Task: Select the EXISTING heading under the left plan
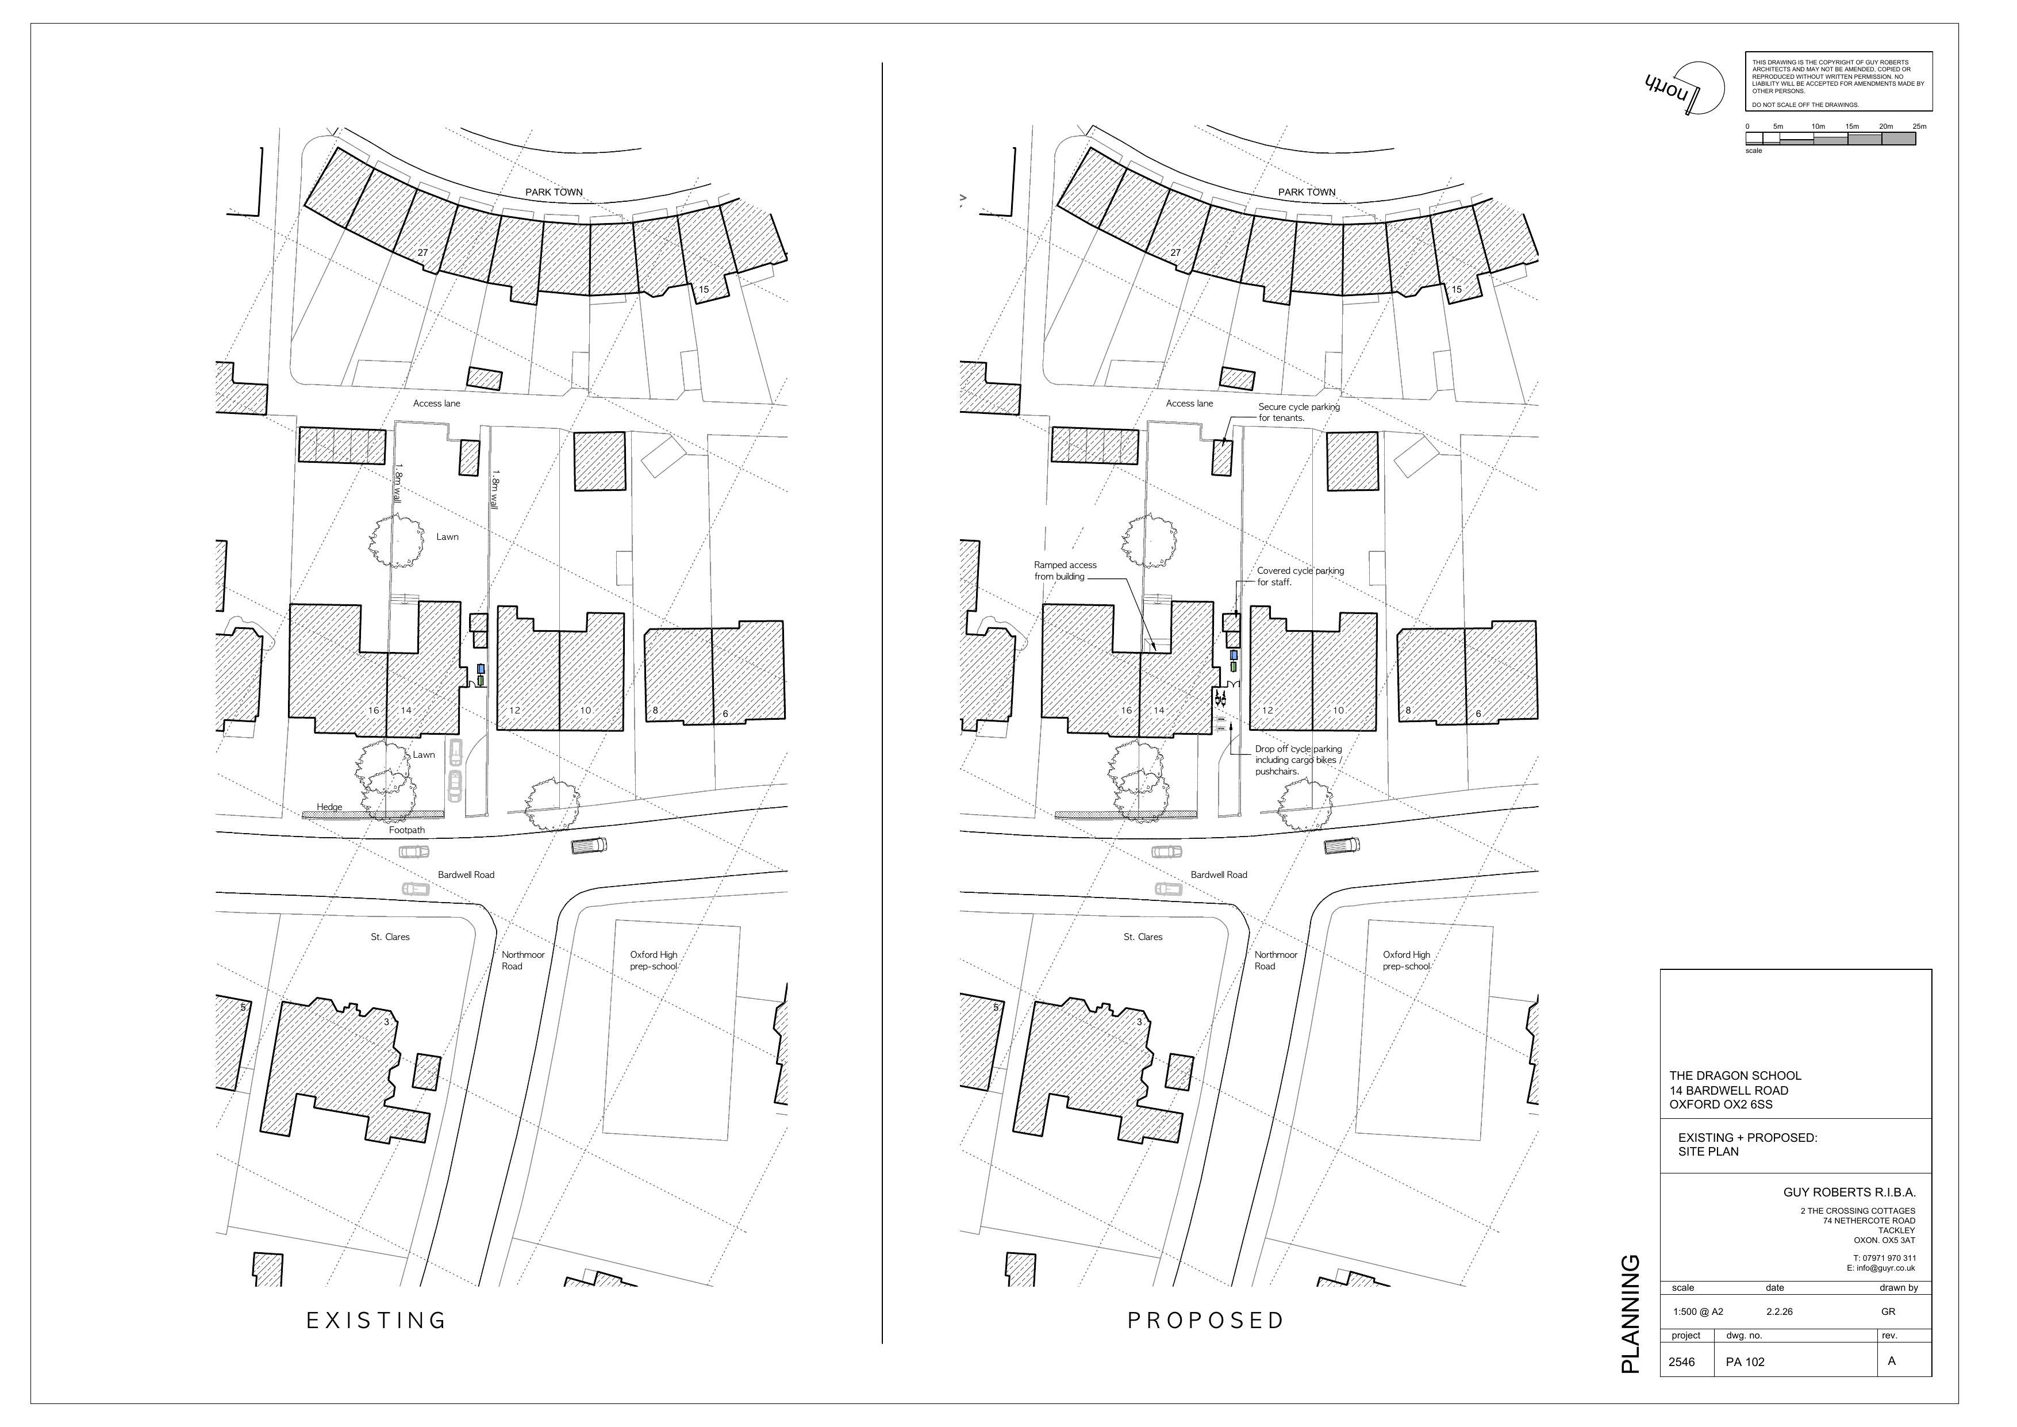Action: pyautogui.click(x=377, y=1321)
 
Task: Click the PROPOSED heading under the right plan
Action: pyautogui.click(x=1206, y=1321)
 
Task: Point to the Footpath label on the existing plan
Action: pyautogui.click(x=407, y=830)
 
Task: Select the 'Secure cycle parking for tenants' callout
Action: pyautogui.click(x=1298, y=412)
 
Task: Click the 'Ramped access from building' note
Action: pyautogui.click(x=1065, y=570)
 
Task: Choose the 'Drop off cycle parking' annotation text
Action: pyautogui.click(x=1297, y=760)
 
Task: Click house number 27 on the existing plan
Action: pyautogui.click(x=422, y=253)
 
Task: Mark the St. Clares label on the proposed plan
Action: pyautogui.click(x=1142, y=937)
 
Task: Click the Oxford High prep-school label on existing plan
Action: pyautogui.click(x=654, y=960)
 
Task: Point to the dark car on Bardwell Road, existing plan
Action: pyautogui.click(x=589, y=845)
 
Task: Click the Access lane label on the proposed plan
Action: pyautogui.click(x=1189, y=404)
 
